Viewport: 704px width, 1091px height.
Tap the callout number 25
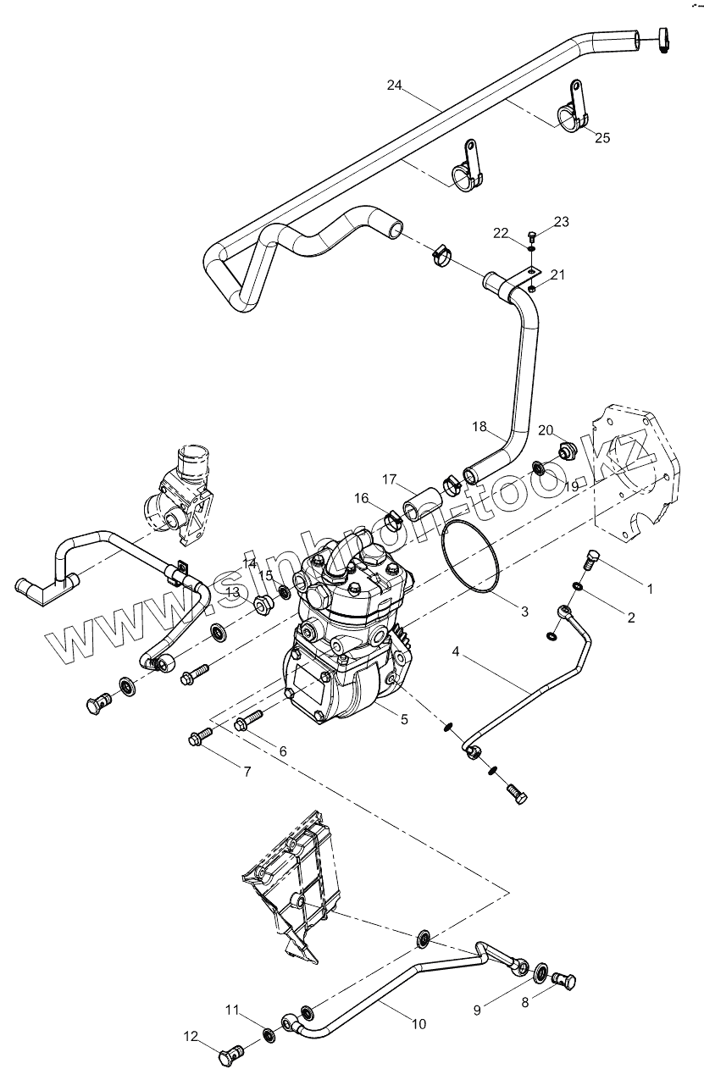601,137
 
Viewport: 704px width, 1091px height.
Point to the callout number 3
524,611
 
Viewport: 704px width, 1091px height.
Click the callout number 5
404,719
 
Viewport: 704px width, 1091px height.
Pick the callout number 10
419,1024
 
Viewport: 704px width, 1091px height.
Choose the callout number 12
190,1035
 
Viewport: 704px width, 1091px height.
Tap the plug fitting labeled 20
566,448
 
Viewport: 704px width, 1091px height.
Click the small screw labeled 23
531,235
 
